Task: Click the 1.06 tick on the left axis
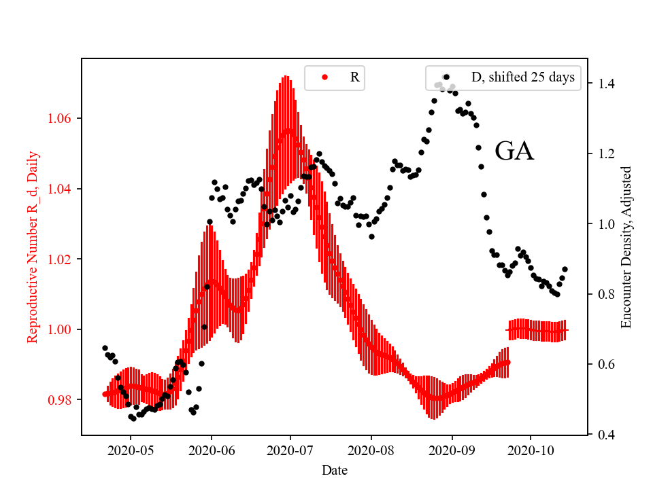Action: pyautogui.click(x=61, y=119)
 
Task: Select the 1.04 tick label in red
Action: pyautogui.click(x=61, y=189)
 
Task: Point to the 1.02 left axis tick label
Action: pyautogui.click(x=61, y=259)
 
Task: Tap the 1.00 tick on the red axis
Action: pyautogui.click(x=61, y=329)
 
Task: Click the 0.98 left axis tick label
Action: pyautogui.click(x=61, y=400)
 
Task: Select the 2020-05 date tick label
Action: pyautogui.click(x=131, y=450)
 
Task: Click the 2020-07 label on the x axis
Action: pyautogui.click(x=290, y=450)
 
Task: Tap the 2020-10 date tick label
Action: pyautogui.click(x=531, y=450)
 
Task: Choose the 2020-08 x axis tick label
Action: pyautogui.click(x=371, y=450)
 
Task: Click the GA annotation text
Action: pyautogui.click(x=514, y=151)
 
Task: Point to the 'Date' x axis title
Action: pyautogui.click(x=335, y=469)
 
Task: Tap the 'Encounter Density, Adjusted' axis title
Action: pyautogui.click(x=626, y=247)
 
